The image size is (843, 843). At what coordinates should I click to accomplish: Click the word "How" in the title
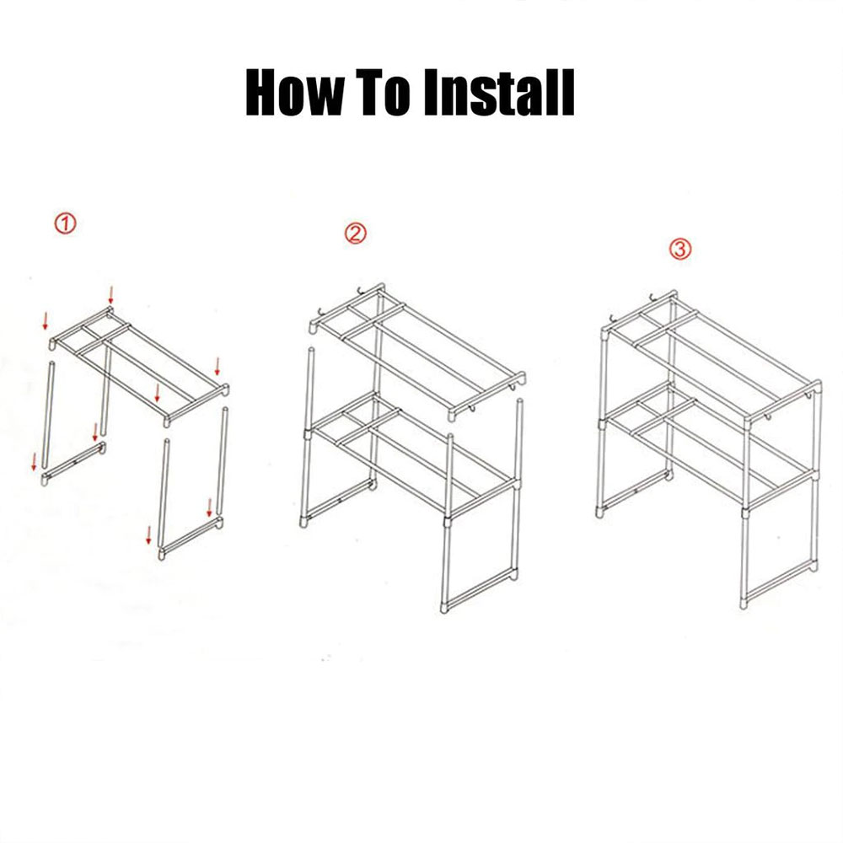click(x=294, y=92)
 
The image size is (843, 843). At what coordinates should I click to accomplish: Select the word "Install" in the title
click(x=499, y=92)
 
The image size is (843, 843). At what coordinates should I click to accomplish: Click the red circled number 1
click(x=66, y=223)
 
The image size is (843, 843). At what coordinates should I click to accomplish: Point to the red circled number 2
click(x=356, y=234)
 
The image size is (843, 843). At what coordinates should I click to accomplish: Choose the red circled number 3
click(x=680, y=249)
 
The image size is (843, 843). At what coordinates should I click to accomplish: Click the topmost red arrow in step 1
click(x=110, y=295)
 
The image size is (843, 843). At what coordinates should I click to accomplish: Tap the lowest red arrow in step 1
click(x=149, y=535)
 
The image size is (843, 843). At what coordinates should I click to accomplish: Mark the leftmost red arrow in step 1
click(x=34, y=462)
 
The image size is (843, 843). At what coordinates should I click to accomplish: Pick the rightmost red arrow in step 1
click(x=217, y=366)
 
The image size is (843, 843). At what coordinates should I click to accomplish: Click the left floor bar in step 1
click(x=73, y=463)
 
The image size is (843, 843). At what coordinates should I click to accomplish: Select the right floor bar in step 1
click(x=191, y=538)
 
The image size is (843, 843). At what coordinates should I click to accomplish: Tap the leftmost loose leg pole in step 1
click(x=47, y=416)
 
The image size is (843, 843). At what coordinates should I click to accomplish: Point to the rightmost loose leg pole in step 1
click(x=223, y=462)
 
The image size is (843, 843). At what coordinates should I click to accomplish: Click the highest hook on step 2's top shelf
click(x=361, y=290)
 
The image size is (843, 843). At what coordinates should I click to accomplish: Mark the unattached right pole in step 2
click(x=518, y=438)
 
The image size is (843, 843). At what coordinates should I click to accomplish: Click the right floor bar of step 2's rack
click(x=481, y=590)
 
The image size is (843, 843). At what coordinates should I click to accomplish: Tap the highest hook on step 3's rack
click(x=653, y=296)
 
